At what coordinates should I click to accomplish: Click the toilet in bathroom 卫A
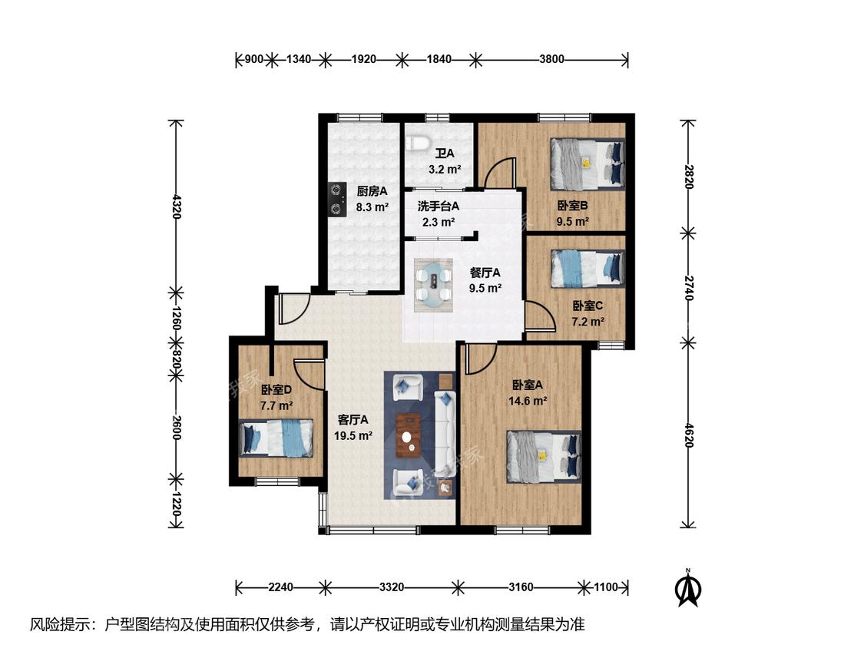(x=418, y=143)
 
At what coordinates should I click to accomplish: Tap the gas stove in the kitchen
(x=336, y=200)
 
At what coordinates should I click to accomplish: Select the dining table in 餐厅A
(x=434, y=285)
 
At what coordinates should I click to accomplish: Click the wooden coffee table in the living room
(x=409, y=435)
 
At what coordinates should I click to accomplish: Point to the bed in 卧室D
(x=276, y=438)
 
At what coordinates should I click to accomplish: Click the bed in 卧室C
(x=588, y=269)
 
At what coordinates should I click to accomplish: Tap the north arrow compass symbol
(x=687, y=588)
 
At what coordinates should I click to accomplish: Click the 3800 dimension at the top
(x=551, y=59)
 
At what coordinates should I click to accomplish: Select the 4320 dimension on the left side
(x=176, y=206)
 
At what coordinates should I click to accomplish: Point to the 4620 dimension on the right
(x=688, y=435)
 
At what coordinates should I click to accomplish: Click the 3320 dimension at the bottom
(x=391, y=587)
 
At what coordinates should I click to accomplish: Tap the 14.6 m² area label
(x=528, y=401)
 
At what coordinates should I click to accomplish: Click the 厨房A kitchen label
(x=372, y=191)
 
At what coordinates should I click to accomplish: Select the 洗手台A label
(x=439, y=206)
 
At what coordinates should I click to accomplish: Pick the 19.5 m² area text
(x=353, y=435)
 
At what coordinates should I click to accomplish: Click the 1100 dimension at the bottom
(x=606, y=587)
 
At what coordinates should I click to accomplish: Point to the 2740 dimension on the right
(x=688, y=288)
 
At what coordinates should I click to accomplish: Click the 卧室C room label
(x=588, y=306)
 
